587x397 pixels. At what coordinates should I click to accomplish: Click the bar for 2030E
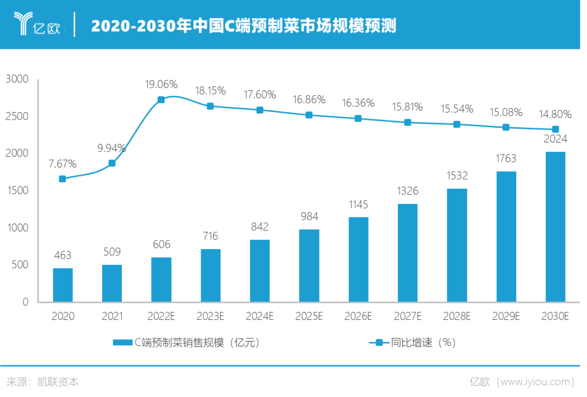coord(555,227)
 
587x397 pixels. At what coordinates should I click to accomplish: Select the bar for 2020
coord(63,284)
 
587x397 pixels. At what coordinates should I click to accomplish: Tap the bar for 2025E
coord(309,265)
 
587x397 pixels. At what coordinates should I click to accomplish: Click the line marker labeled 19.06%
coord(161,100)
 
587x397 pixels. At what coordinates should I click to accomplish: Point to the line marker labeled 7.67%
coord(63,179)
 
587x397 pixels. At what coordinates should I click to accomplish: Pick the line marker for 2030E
coord(555,129)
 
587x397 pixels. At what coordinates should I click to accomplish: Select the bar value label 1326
coord(408,191)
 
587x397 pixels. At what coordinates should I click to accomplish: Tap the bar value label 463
coord(63,255)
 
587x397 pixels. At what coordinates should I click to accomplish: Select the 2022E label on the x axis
coord(161,316)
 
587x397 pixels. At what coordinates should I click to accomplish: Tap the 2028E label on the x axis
coord(457,316)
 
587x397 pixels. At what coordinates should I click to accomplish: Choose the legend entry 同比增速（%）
coord(413,343)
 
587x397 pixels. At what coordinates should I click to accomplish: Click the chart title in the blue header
coord(243,26)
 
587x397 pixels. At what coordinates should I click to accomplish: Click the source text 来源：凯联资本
coord(42,382)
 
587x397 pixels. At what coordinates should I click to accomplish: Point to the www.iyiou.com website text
coord(535,382)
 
